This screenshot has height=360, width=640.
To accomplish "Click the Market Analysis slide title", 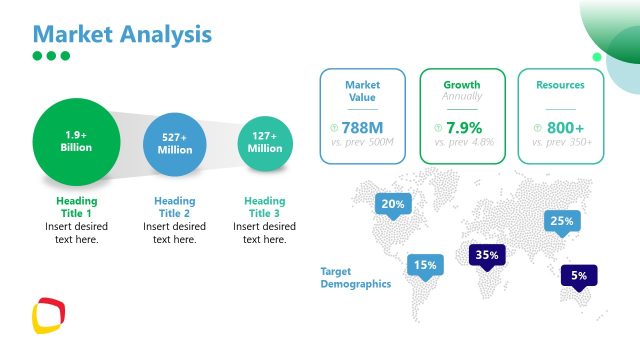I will [x=122, y=33].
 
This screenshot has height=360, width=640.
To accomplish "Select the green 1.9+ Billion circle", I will [x=77, y=141].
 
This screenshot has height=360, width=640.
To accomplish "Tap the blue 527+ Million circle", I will [x=174, y=143].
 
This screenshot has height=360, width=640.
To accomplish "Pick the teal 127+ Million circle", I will [x=265, y=142].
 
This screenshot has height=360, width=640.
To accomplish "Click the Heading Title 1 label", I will [x=77, y=207].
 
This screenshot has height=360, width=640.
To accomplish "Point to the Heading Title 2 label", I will [x=174, y=207].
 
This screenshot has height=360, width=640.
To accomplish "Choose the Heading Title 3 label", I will [x=265, y=207].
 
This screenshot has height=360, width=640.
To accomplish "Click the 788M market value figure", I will [x=362, y=128].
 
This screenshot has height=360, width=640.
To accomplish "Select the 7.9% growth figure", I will [x=464, y=128].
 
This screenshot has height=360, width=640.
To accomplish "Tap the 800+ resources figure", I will [x=565, y=128].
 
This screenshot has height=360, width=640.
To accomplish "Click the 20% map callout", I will [x=393, y=205].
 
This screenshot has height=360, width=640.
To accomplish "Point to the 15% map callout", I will [x=425, y=265].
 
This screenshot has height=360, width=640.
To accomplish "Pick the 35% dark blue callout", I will [x=487, y=255].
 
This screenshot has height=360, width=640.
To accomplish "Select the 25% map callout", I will [x=561, y=221].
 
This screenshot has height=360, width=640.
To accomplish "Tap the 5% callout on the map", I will [x=579, y=275].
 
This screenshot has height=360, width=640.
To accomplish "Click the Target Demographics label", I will [x=355, y=278].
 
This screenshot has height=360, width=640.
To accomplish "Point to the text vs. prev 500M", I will [x=362, y=143].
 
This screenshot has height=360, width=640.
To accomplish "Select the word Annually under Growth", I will [x=462, y=96].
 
